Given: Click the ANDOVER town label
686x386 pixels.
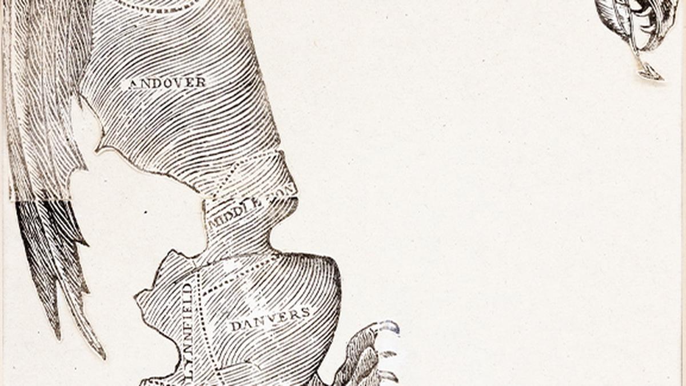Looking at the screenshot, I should (x=167, y=83).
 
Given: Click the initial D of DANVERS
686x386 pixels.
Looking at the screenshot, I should (x=234, y=327).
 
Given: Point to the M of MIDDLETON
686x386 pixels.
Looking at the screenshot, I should (x=212, y=223).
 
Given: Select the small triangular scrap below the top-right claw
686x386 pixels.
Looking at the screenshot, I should (x=649, y=71).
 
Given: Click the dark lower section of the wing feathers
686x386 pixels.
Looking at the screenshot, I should (x=51, y=252).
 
